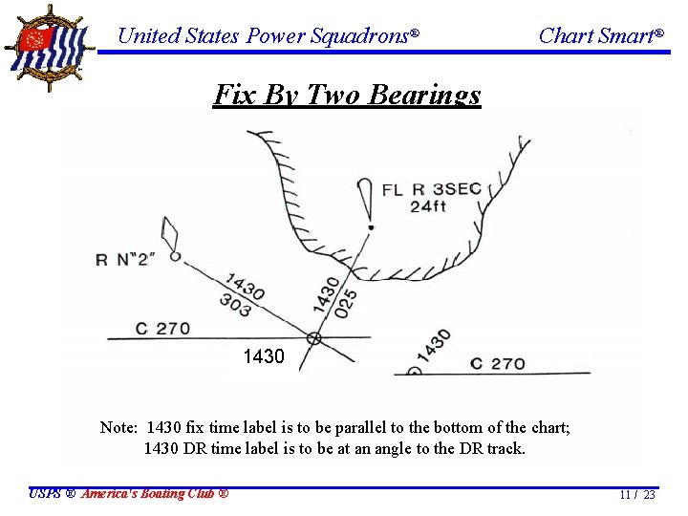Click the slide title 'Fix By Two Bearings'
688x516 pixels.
pyautogui.click(x=347, y=95)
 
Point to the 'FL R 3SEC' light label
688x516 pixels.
pyautogui.click(x=431, y=189)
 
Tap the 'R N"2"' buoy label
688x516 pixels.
pyautogui.click(x=128, y=259)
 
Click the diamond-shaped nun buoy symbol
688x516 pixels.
pyautogui.click(x=171, y=233)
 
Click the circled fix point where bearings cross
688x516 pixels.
pyautogui.click(x=313, y=338)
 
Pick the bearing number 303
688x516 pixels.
pyautogui.click(x=235, y=306)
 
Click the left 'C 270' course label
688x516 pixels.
pyautogui.click(x=162, y=329)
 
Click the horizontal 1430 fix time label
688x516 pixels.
pyautogui.click(x=264, y=357)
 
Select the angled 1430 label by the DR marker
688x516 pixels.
pyautogui.click(x=434, y=345)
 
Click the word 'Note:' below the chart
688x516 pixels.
pyautogui.click(x=118, y=427)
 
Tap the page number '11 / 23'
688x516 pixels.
pyautogui.click(x=636, y=495)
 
